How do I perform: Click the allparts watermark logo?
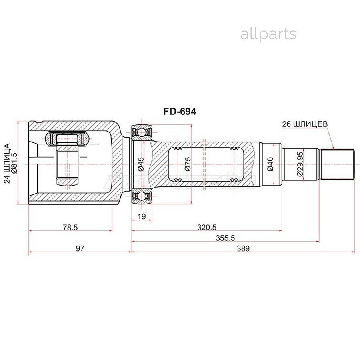tap(268, 34)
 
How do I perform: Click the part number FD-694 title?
tap(180, 112)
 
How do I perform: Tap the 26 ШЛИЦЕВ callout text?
tap(305, 124)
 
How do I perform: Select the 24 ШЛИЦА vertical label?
tap(7, 163)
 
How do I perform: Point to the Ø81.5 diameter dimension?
tap(14, 163)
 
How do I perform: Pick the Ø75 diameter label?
tap(188, 164)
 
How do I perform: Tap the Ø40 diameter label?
tap(270, 164)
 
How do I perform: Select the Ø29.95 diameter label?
tap(300, 164)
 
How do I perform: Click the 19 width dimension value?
tap(142, 216)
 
